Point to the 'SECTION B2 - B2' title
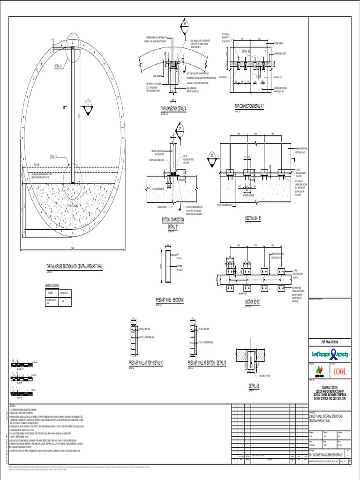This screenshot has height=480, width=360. [257, 301]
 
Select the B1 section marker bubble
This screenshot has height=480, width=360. [180, 127]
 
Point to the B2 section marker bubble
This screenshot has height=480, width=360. [212, 155]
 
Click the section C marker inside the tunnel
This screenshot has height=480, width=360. [88, 104]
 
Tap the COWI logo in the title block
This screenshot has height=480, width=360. [336, 372]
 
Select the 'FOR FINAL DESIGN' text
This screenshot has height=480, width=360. [332, 343]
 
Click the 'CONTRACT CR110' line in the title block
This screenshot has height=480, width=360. [332, 387]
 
